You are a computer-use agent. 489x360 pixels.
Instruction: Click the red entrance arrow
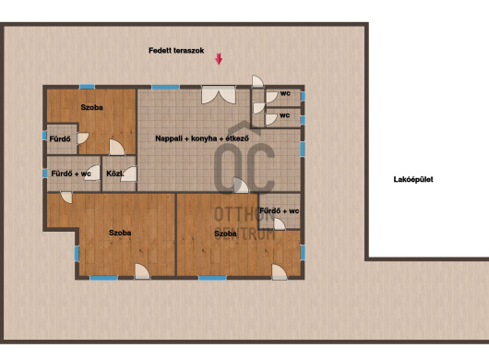pos(219,59)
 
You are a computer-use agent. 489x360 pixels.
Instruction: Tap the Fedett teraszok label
pos(176,51)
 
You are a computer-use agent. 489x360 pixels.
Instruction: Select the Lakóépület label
pos(413,179)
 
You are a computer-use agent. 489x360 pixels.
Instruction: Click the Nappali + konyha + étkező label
pos(202,138)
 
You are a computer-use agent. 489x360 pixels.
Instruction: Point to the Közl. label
pos(114,174)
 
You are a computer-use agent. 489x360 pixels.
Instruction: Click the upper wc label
pos(285,93)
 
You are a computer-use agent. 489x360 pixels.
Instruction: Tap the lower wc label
pos(284,115)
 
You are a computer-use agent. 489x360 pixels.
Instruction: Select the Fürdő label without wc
pos(60,138)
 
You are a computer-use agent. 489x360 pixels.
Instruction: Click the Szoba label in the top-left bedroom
pos(91,107)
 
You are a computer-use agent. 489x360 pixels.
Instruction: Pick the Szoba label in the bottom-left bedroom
pos(120,233)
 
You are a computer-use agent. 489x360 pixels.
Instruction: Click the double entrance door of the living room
pos(219,95)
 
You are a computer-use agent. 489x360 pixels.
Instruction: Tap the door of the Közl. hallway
pos(129,174)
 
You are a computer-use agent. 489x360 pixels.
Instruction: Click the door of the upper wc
pos(271,97)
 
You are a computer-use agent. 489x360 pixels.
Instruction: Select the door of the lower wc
pos(271,119)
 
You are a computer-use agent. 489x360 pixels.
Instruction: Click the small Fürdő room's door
pos(83,138)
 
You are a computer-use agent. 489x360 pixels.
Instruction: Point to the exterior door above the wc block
pos(257,81)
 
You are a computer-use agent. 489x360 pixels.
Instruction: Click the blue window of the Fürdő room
pos(44,136)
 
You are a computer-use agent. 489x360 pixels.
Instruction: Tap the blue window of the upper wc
pos(303,96)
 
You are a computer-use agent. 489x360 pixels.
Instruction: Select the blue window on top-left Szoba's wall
pos(87,87)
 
